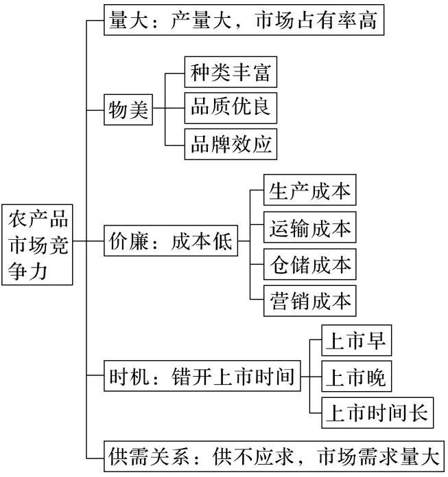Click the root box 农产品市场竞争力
pyautogui.click(x=37, y=245)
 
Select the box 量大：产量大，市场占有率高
pyautogui.click(x=244, y=20)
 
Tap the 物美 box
pyautogui.click(x=128, y=109)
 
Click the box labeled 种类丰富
pyautogui.click(x=231, y=71)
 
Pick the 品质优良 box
pyautogui.click(x=231, y=108)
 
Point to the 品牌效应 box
pyautogui.click(x=231, y=144)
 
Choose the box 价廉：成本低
pyautogui.click(x=171, y=241)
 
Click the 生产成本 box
pyautogui.click(x=310, y=190)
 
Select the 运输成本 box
pyautogui.click(x=310, y=228)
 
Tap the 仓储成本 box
pyautogui.click(x=310, y=264)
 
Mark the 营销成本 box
pyautogui.click(x=310, y=301)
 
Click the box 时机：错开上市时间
pyautogui.click(x=202, y=376)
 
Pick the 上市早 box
pyautogui.click(x=357, y=340)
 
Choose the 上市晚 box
pyautogui.click(x=357, y=376)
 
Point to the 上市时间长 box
pyautogui.click(x=377, y=413)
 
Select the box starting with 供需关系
pyautogui.click(x=274, y=456)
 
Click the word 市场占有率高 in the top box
pyautogui.click(x=316, y=20)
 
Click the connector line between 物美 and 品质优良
pyautogui.click(x=169, y=108)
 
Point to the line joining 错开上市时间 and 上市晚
pyautogui.click(x=311, y=376)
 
